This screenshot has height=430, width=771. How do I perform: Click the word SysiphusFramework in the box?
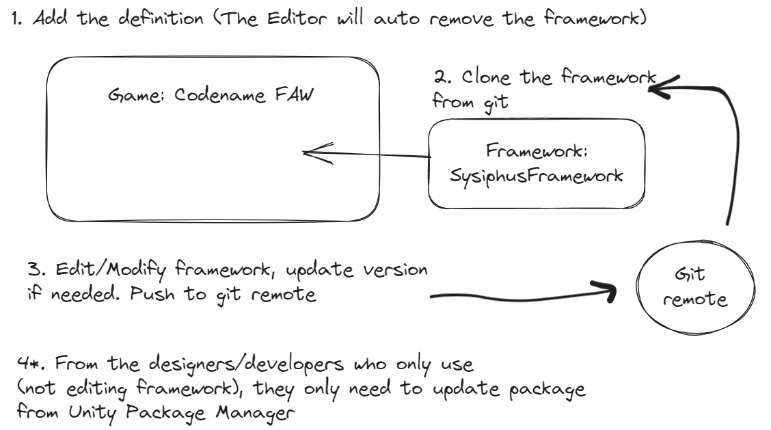click(x=535, y=176)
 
